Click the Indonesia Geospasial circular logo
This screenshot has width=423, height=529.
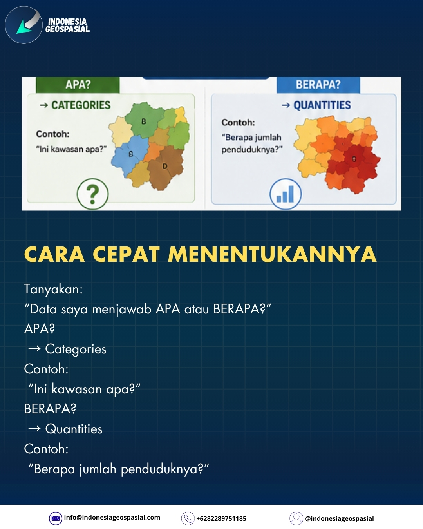(x=23, y=25)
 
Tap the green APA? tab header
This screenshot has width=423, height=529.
(x=78, y=85)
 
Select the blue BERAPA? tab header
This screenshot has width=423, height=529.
(x=318, y=85)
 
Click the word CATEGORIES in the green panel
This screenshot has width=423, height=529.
(x=81, y=105)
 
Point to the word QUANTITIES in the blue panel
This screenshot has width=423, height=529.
(x=322, y=105)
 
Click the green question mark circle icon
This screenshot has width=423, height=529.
(x=92, y=194)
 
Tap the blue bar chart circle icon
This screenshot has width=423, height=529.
(x=286, y=194)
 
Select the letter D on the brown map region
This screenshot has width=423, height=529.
(x=164, y=167)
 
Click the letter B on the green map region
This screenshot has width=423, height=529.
(x=143, y=121)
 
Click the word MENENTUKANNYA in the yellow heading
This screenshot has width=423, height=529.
(x=272, y=254)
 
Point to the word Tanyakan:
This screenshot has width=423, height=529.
(x=53, y=289)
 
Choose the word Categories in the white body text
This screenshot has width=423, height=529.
(x=76, y=349)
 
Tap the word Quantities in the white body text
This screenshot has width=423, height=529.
(x=74, y=429)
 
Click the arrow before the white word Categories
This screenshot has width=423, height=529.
(x=34, y=349)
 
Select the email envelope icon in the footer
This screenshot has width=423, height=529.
(x=56, y=518)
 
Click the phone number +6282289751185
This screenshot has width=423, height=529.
(x=221, y=519)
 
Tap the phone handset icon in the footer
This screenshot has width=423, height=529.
(x=188, y=518)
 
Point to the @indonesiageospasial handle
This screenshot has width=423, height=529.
(x=340, y=519)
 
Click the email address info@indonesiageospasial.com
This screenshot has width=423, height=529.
(x=112, y=518)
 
